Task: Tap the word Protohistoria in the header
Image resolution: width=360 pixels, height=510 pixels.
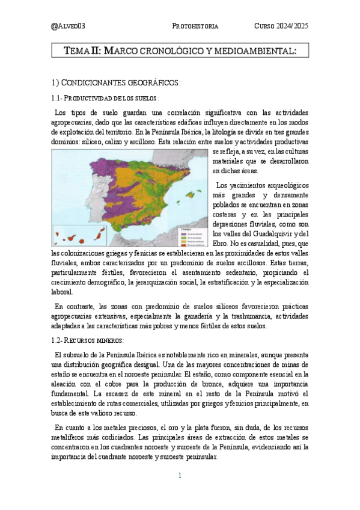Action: (x=195, y=27)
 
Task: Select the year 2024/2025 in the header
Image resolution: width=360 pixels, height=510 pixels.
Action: (x=294, y=27)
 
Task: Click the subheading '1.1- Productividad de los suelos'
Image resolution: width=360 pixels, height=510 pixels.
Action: (x=106, y=97)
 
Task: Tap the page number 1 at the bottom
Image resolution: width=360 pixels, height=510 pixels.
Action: (x=180, y=476)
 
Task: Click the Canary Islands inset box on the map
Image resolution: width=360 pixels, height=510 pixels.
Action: (x=73, y=235)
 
